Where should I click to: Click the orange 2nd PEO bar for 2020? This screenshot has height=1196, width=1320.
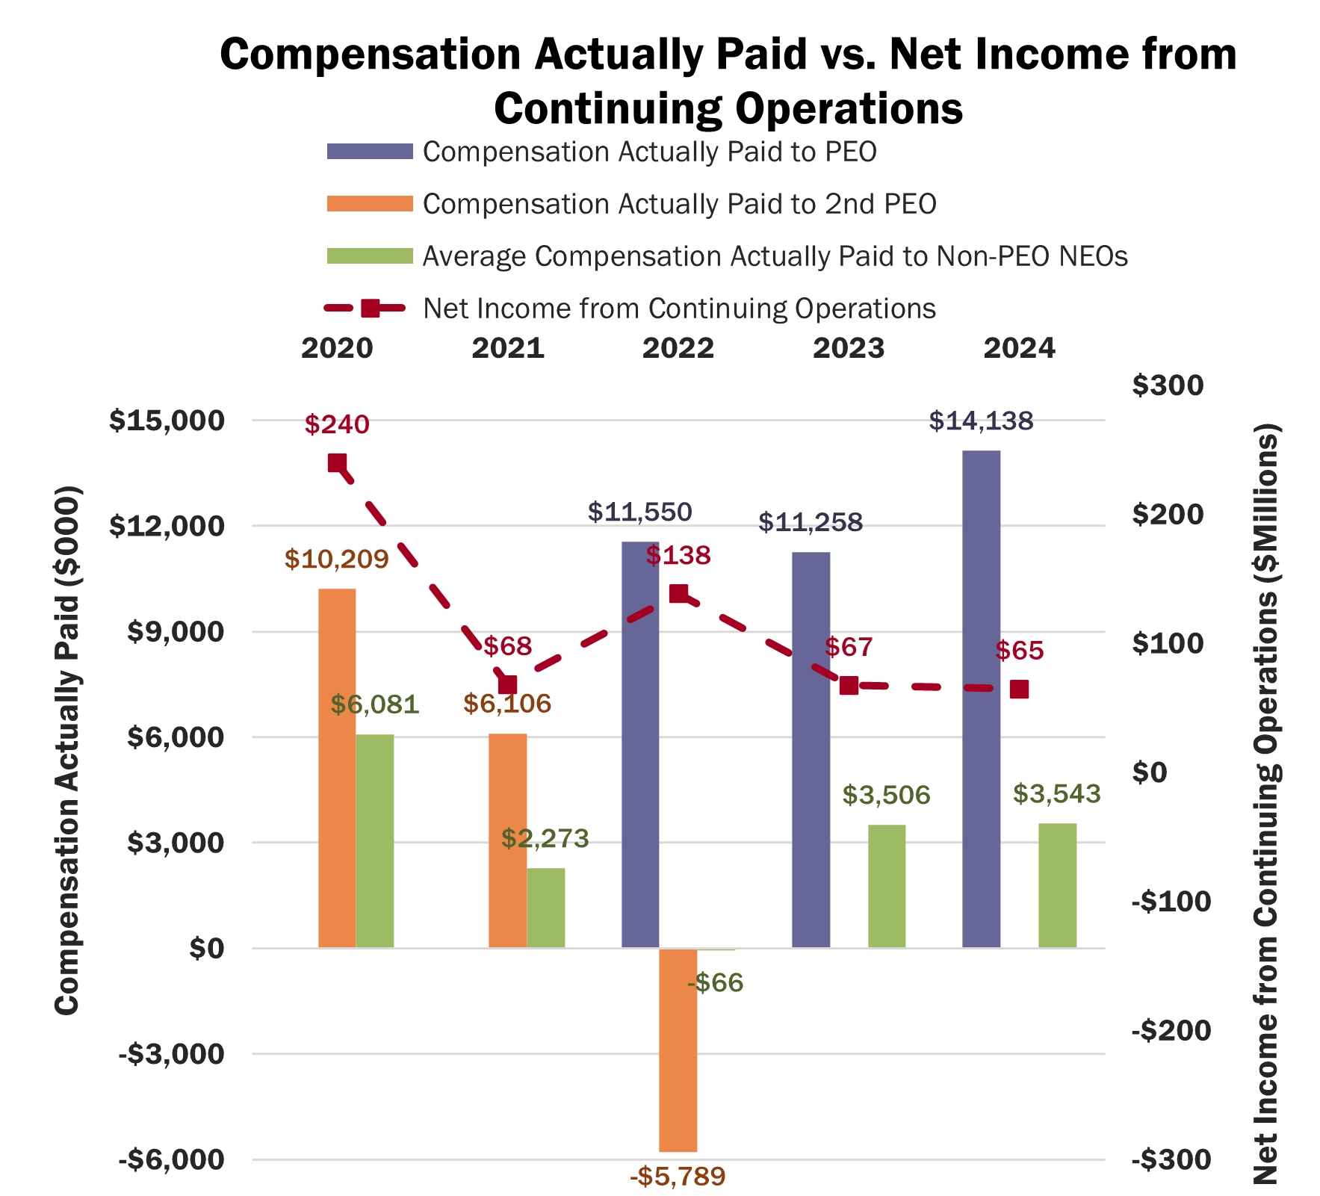[337, 768]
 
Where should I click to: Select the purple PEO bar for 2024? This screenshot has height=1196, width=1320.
[981, 699]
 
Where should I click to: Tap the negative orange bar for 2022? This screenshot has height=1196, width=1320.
[678, 1050]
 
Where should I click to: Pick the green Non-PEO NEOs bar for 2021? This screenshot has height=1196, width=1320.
[545, 908]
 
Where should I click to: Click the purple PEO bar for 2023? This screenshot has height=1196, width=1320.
[811, 750]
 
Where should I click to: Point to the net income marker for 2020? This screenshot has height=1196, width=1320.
[337, 464]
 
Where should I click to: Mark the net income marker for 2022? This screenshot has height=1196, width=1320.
[678, 594]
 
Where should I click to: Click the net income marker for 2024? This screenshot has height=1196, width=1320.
[1019, 689]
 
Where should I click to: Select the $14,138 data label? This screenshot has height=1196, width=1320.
[981, 421]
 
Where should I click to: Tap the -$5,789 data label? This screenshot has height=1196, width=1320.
[678, 1177]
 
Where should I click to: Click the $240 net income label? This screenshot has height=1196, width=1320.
[337, 424]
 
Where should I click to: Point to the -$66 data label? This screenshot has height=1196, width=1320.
[715, 982]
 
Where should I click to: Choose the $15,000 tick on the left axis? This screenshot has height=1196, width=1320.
[167, 421]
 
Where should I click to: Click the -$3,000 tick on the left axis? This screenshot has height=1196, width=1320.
[171, 1054]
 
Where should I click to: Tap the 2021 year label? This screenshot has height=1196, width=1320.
[508, 348]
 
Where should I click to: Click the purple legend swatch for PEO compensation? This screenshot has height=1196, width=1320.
[370, 152]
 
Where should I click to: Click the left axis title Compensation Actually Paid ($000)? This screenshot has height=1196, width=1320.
[67, 750]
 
